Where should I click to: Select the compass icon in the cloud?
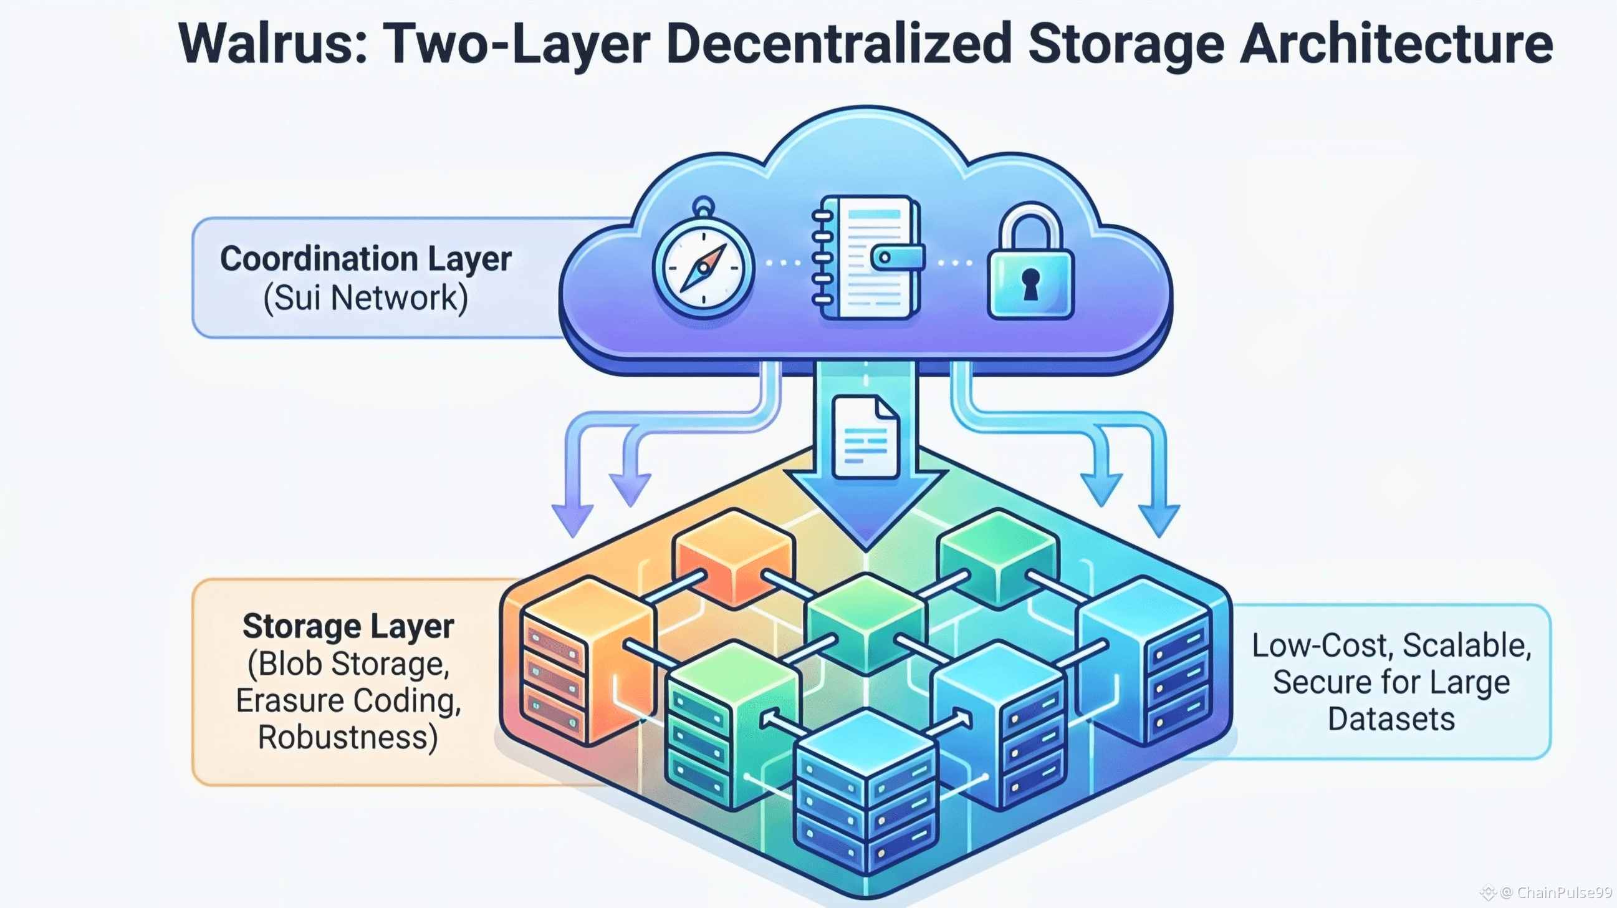click(x=703, y=266)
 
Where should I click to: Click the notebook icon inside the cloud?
click(x=866, y=258)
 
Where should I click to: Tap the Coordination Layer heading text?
click(x=365, y=259)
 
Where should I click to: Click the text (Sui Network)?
click(x=365, y=297)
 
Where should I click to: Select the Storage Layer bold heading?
click(x=348, y=626)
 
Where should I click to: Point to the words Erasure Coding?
click(x=348, y=700)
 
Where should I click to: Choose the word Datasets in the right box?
click(x=1391, y=719)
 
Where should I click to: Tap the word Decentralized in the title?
click(x=838, y=44)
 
